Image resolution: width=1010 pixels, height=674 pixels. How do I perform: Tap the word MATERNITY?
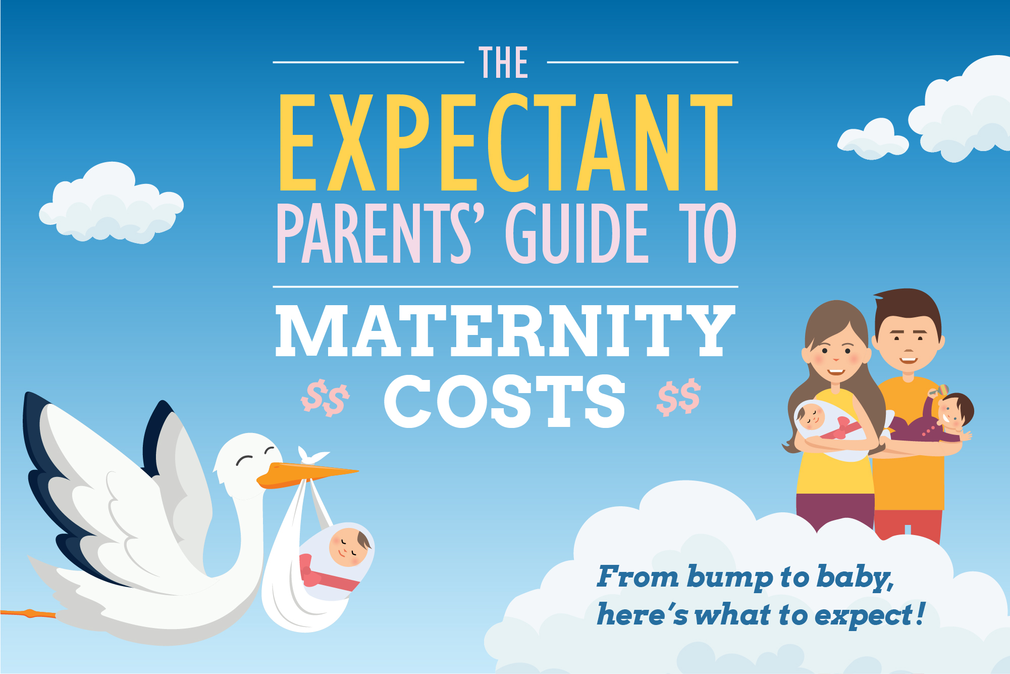[x=505, y=331]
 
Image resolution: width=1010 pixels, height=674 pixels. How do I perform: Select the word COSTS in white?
[x=505, y=401]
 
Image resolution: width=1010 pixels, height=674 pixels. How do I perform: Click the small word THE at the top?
[x=503, y=63]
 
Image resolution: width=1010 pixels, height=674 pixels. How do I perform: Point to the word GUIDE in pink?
[x=576, y=233]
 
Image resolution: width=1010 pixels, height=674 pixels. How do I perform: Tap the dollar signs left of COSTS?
[x=325, y=398]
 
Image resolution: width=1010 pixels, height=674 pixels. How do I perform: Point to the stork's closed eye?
[x=246, y=460]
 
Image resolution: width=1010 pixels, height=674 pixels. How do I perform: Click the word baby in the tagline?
[x=855, y=577]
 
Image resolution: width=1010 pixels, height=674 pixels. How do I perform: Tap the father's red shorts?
[x=908, y=525]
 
